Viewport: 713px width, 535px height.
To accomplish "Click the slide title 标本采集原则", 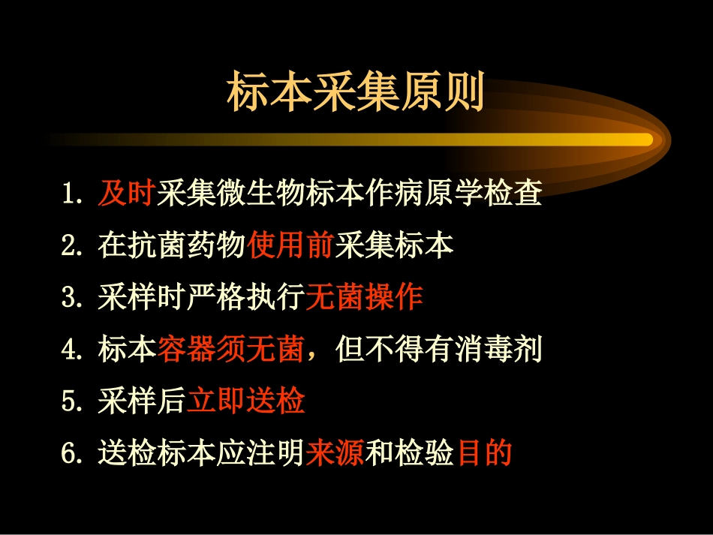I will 355,92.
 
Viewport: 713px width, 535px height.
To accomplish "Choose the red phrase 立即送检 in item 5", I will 246,402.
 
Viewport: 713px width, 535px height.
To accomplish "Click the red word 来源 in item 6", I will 334,453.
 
